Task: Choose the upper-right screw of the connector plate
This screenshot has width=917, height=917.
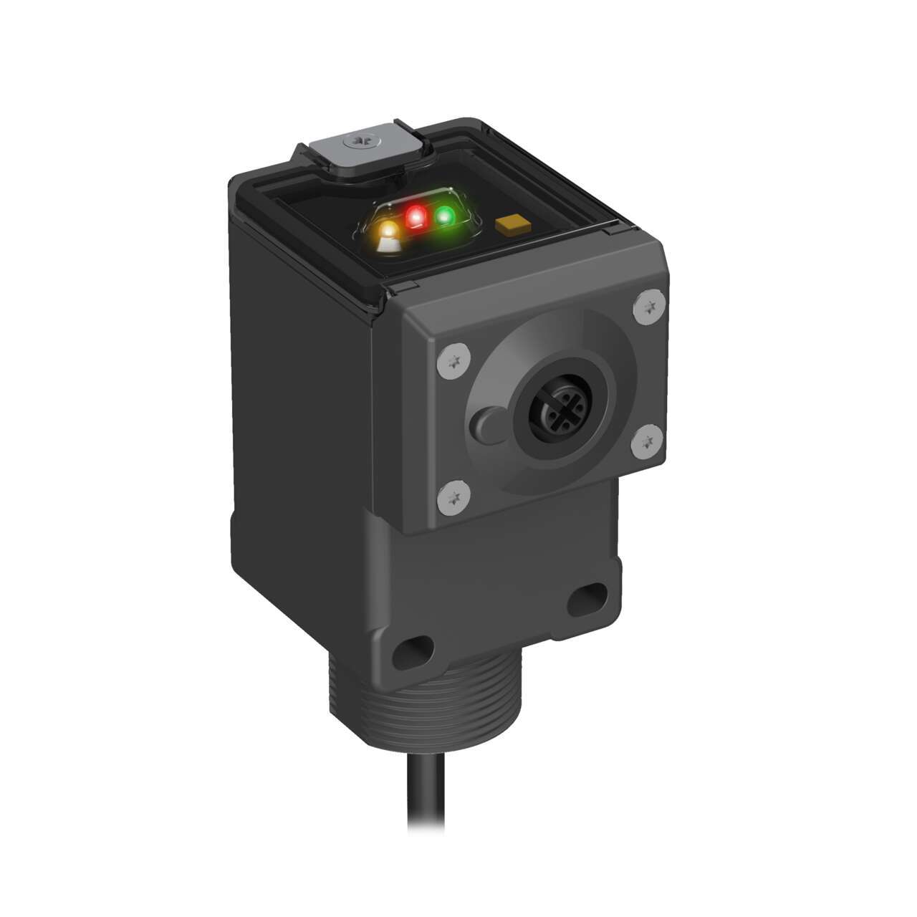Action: click(x=649, y=307)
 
